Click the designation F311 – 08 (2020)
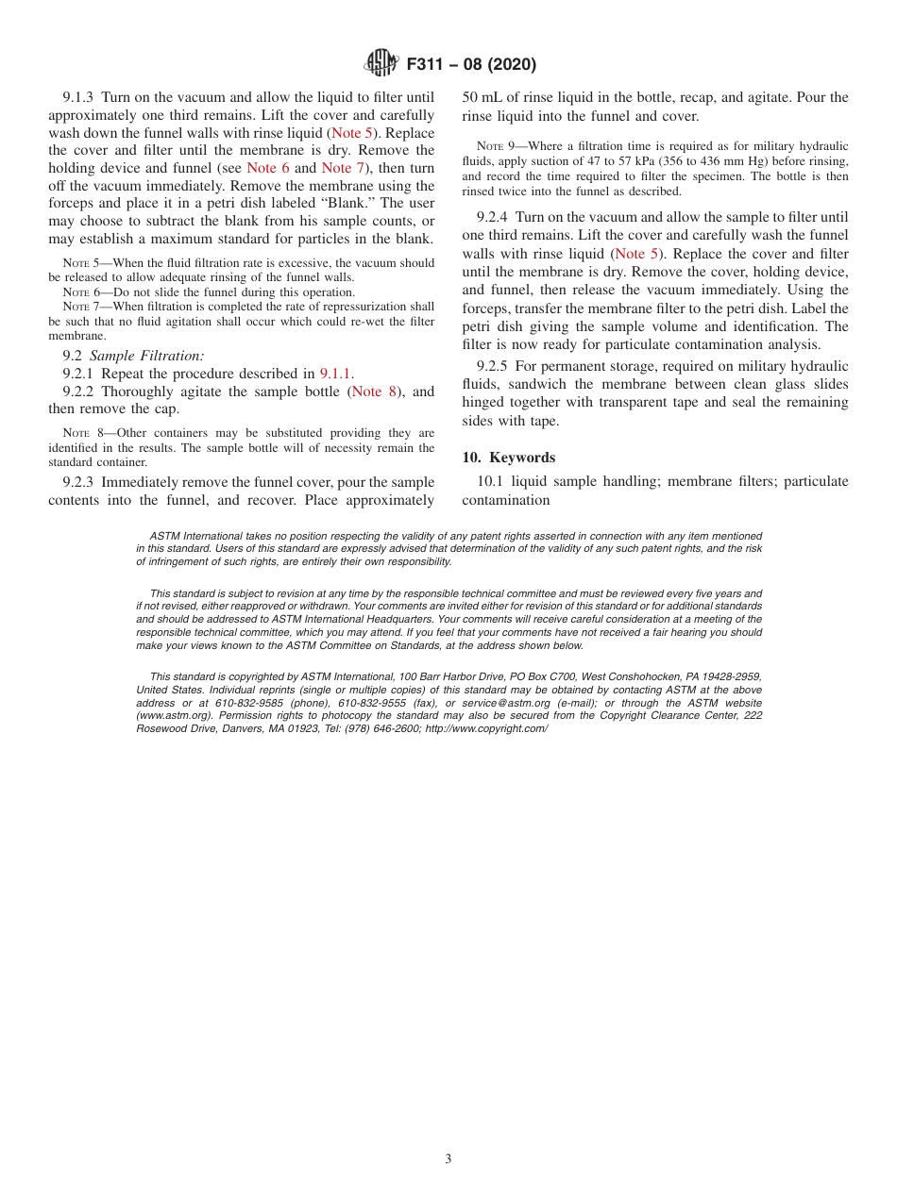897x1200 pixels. pyautogui.click(x=471, y=65)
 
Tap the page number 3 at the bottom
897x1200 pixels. pyautogui.click(x=448, y=1159)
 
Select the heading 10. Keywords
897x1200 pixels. pyautogui.click(x=508, y=458)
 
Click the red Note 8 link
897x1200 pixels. pyautogui.click(x=373, y=392)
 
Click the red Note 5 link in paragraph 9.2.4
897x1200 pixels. pyautogui.click(x=636, y=254)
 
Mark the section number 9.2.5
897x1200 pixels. pyautogui.click(x=493, y=366)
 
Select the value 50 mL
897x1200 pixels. pyautogui.click(x=482, y=97)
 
